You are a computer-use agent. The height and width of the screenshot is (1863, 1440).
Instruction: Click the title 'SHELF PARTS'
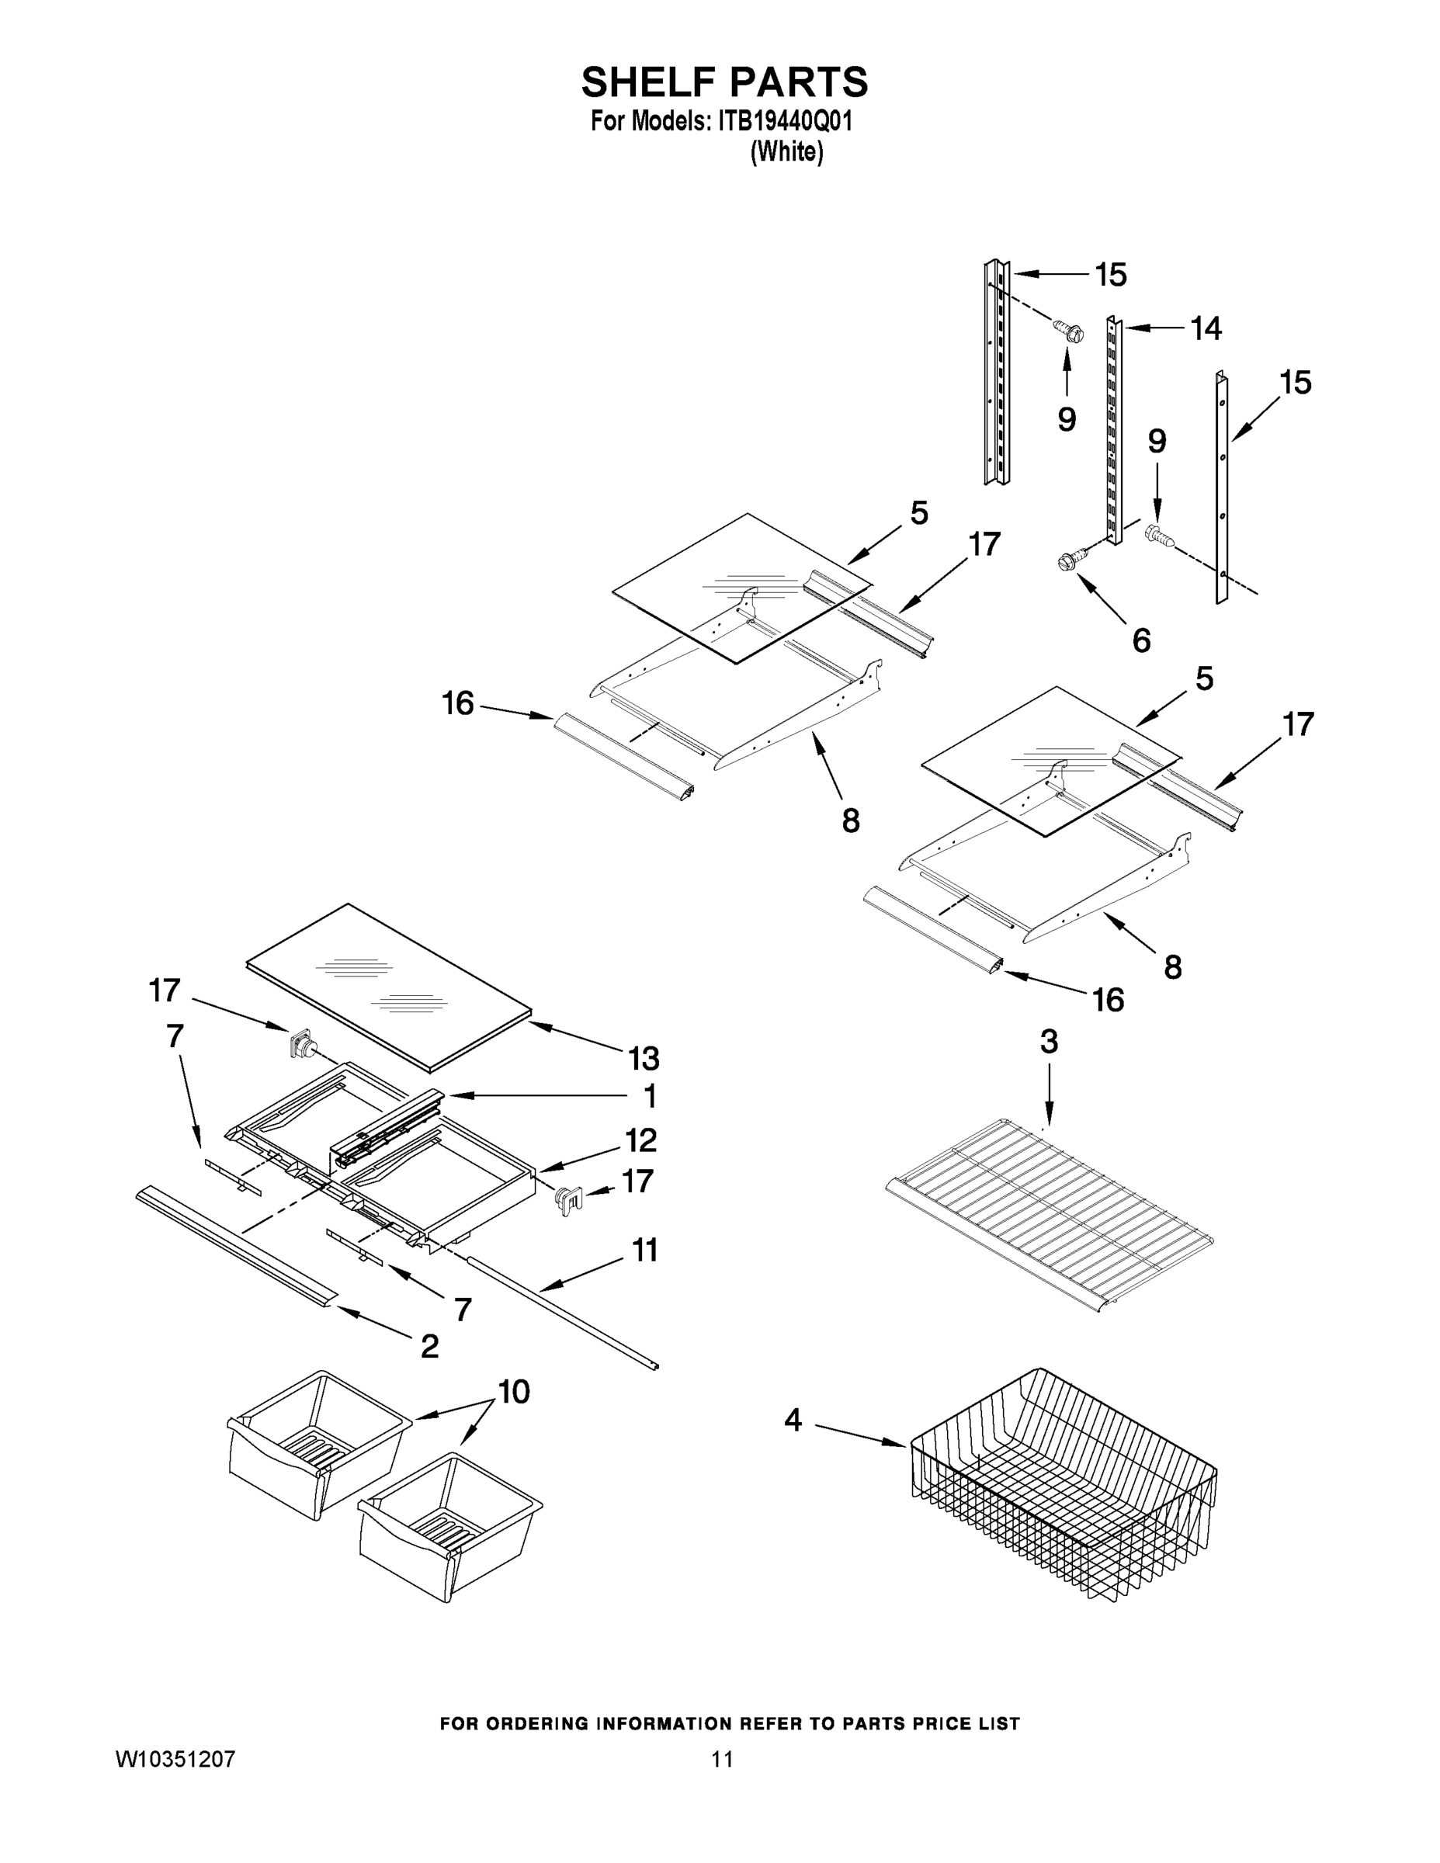pos(724,83)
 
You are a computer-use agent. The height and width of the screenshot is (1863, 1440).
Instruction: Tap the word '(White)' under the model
pos(786,153)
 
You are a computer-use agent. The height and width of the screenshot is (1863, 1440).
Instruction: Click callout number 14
pos(1206,328)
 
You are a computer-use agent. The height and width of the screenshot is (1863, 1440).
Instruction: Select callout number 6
pos(1140,640)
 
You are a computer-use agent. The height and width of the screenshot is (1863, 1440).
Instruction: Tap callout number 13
pos(644,1059)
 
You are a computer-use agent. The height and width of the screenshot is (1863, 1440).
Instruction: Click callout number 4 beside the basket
pos(793,1421)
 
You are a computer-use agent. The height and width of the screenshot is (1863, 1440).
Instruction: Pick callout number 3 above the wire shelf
pos(1049,1042)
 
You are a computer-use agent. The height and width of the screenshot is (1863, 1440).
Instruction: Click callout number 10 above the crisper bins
pos(514,1391)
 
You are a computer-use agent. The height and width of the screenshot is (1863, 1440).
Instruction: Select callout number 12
pos(640,1140)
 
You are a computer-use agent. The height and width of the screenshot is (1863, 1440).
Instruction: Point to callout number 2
pos(429,1346)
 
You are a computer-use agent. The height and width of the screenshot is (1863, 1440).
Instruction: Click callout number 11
pos(644,1251)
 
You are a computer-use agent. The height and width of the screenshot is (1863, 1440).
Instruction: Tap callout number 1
pos(649,1096)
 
